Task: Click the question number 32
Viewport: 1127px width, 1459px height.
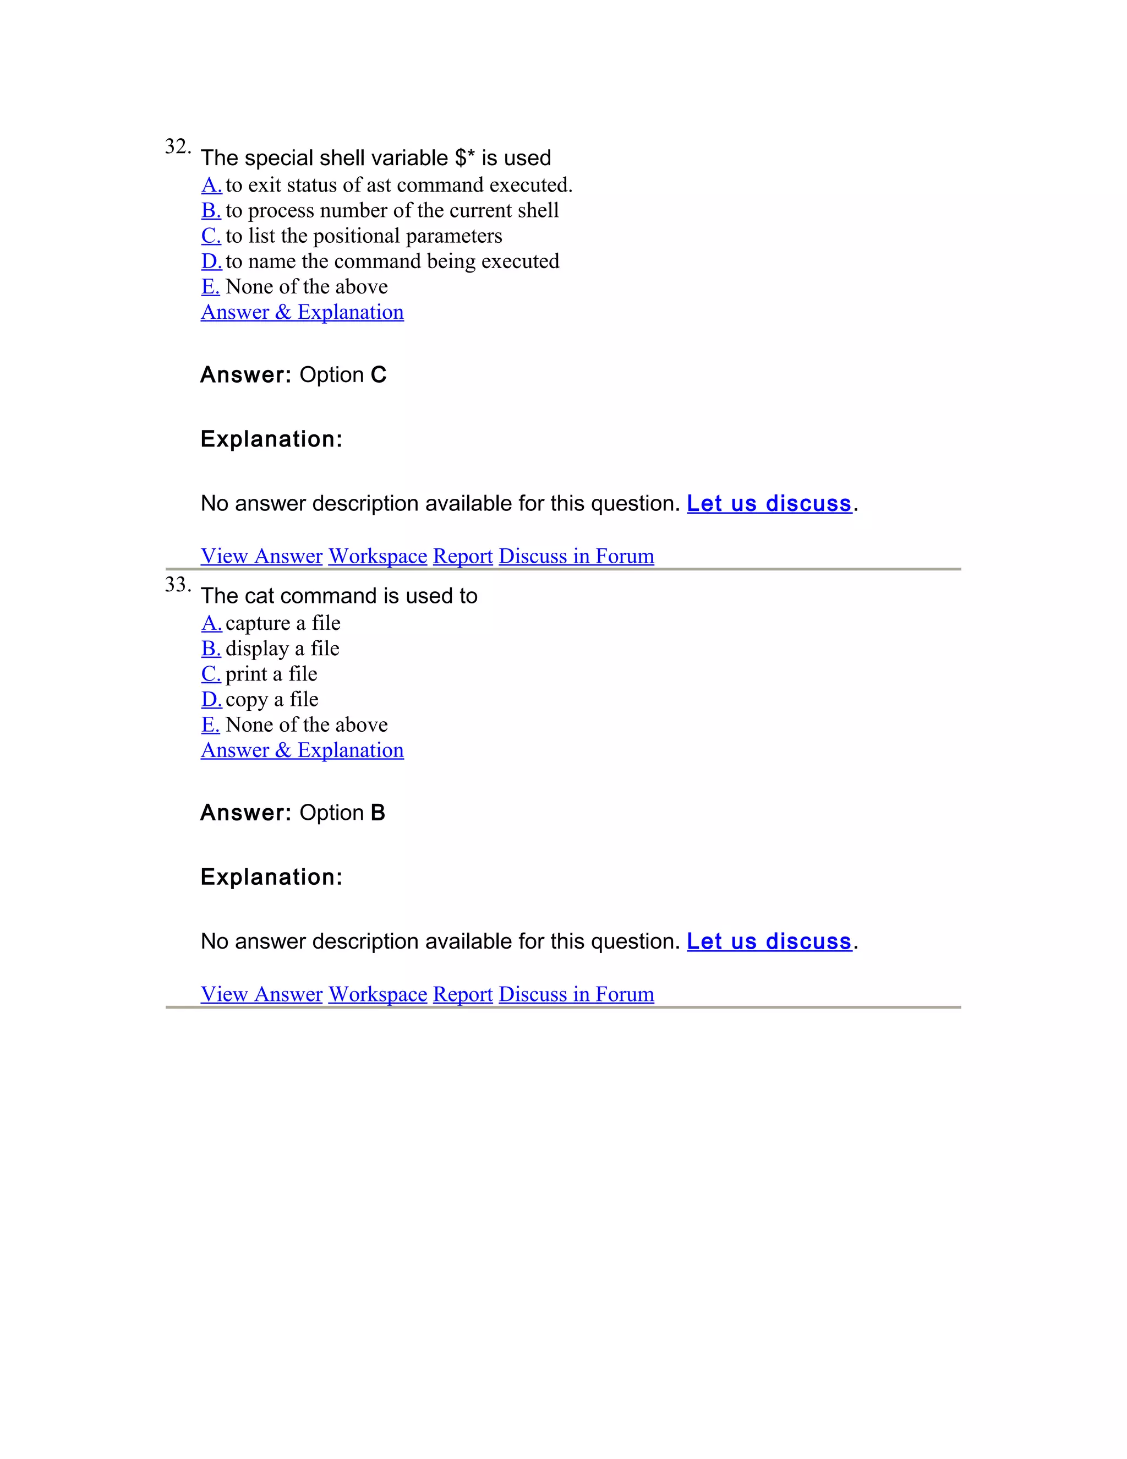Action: coord(177,146)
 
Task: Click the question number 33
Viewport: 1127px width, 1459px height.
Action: coord(177,585)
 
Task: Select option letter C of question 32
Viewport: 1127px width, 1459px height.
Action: coord(210,236)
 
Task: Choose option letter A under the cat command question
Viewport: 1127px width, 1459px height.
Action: coord(211,623)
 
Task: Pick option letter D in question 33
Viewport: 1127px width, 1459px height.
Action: coord(211,699)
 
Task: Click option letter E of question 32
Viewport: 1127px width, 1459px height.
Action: coord(210,287)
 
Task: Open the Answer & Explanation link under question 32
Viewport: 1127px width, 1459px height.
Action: coord(302,312)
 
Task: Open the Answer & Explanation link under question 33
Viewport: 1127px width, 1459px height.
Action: coord(302,750)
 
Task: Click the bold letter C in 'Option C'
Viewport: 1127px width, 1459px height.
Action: coord(379,375)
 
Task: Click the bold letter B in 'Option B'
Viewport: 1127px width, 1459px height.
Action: coord(378,813)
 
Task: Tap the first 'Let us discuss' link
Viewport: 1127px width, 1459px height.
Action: coord(769,503)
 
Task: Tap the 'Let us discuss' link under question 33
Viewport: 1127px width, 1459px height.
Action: coord(769,941)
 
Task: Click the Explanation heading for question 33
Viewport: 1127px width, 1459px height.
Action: coord(271,877)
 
